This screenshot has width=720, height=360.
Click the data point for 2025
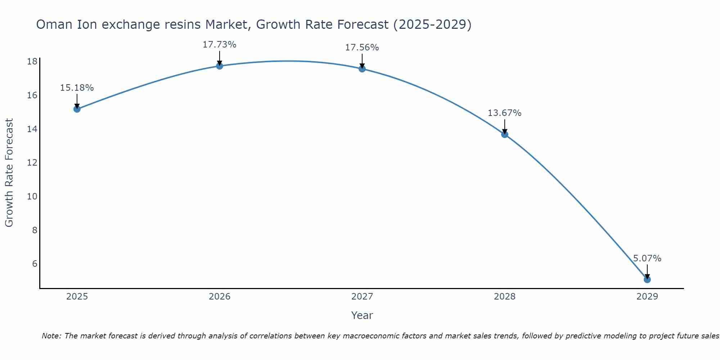point(77,109)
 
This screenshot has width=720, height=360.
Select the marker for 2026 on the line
point(220,66)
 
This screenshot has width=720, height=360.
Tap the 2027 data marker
point(362,69)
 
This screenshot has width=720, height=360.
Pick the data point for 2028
point(505,134)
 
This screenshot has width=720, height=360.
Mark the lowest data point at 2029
point(647,279)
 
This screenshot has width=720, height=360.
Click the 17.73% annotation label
point(220,45)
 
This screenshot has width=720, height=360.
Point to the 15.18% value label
point(77,88)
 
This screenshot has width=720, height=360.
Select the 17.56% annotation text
point(362,48)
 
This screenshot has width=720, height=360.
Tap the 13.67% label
point(505,113)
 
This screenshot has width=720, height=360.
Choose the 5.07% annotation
point(647,258)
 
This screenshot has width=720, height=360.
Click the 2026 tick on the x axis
point(220,297)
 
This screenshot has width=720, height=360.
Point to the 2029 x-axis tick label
point(647,297)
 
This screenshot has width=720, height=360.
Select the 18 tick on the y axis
point(32,62)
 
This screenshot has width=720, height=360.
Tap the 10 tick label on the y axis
point(32,197)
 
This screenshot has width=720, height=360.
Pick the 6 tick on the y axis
point(35,264)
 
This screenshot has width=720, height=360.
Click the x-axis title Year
point(362,315)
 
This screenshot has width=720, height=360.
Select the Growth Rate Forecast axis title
point(9,173)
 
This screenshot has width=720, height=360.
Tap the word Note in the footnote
point(51,336)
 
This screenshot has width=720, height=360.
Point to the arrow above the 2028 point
point(505,126)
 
